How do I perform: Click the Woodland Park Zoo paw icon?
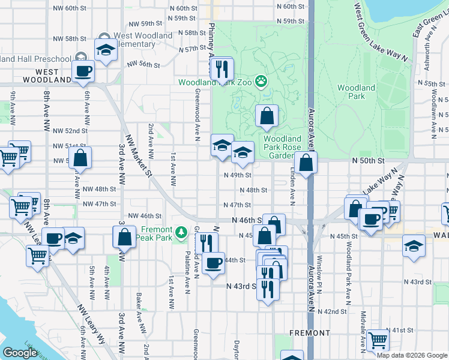[262, 80]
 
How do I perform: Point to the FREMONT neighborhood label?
[309, 332]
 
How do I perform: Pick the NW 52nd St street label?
[70, 130]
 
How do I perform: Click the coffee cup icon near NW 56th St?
[83, 71]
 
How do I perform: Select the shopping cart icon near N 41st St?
[378, 340]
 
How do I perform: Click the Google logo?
[20, 353]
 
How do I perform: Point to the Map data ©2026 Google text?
[411, 355]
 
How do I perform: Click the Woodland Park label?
[356, 92]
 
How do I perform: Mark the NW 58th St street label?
[80, 38]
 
